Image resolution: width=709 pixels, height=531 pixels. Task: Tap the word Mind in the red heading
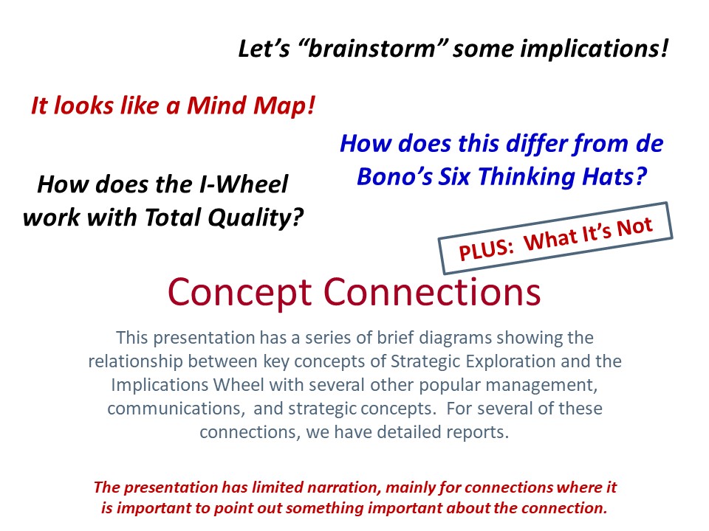tap(217, 105)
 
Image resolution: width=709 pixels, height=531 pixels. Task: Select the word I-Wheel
tap(244, 184)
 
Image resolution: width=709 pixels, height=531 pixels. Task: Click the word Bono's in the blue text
tap(394, 176)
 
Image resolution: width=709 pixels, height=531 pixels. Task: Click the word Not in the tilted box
tap(635, 227)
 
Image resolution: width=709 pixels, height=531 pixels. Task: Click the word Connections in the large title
tap(432, 292)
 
